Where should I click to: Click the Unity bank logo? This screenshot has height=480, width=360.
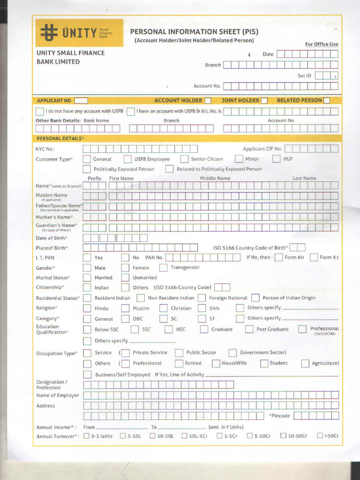tap(79, 33)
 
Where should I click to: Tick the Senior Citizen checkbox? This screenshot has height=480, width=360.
tap(184, 159)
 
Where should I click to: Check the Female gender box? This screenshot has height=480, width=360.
tap(125, 268)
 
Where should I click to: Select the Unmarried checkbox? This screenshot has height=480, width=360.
tap(125, 277)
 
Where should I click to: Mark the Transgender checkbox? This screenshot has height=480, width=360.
tap(163, 268)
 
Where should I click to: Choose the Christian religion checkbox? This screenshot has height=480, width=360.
tap(163, 308)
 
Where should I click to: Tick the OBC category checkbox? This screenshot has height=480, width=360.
tap(125, 318)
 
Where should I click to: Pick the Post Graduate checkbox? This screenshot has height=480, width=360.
tap(249, 329)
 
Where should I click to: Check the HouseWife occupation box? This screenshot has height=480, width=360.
tap(216, 363)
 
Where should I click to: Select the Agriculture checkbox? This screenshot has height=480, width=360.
tap(305, 363)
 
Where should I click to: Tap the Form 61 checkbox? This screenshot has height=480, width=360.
tap(314, 257)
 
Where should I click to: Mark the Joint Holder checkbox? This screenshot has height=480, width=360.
tap(264, 100)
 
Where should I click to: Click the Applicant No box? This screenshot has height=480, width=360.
tap(81, 100)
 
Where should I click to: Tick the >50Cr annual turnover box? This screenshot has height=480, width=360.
tap(320, 435)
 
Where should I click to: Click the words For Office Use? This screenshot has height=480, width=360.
tap(321, 44)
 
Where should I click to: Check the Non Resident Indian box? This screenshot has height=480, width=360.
tap(141, 298)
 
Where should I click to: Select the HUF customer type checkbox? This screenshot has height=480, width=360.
tap(276, 159)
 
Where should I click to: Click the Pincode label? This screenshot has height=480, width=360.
tap(280, 416)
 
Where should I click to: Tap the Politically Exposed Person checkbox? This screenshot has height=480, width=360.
tap(87, 169)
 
